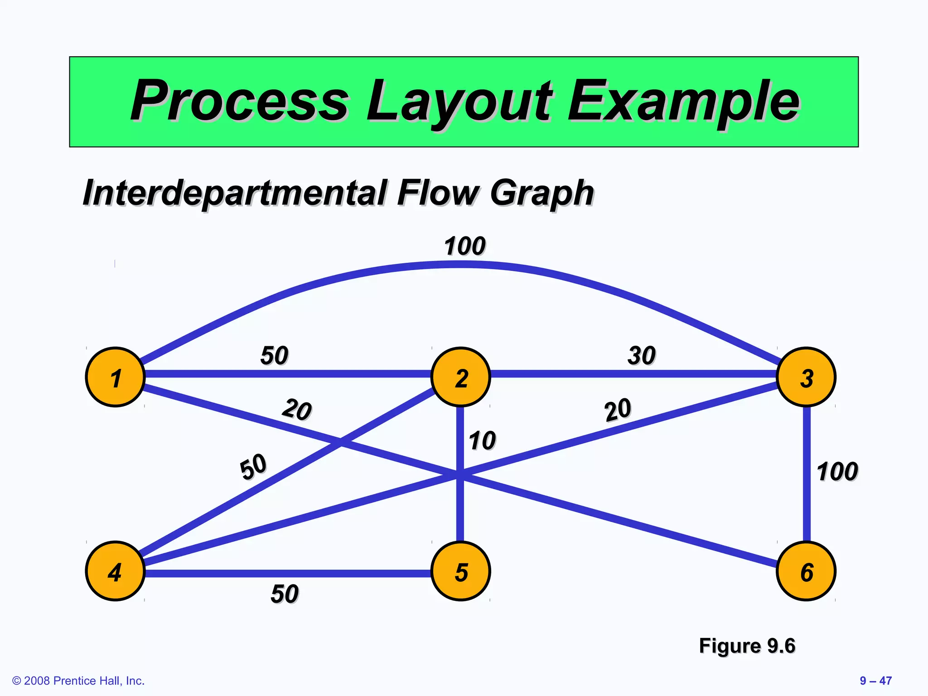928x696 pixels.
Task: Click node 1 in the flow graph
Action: pyautogui.click(x=115, y=377)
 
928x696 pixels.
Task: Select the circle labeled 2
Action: pyautogui.click(x=461, y=377)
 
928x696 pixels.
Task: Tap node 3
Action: pyautogui.click(x=806, y=377)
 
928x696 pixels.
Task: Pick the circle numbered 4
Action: pyautogui.click(x=115, y=571)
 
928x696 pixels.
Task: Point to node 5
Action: pyautogui.click(x=461, y=571)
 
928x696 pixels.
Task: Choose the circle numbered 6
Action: pyautogui.click(x=806, y=571)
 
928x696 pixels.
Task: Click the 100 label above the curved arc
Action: pyautogui.click(x=464, y=246)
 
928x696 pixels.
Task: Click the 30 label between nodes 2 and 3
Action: pyautogui.click(x=642, y=355)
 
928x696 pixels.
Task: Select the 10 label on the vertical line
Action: pyautogui.click(x=482, y=440)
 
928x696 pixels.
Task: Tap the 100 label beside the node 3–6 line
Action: pyautogui.click(x=837, y=471)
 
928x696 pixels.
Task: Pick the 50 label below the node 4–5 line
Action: pyautogui.click(x=285, y=594)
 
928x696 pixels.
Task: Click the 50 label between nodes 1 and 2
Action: pyautogui.click(x=274, y=355)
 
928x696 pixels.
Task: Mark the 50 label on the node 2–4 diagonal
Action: pyautogui.click(x=253, y=467)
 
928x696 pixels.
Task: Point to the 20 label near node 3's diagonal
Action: pyautogui.click(x=617, y=410)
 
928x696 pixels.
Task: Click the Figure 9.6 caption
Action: pyautogui.click(x=747, y=645)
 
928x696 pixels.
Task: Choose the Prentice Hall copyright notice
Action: pyautogui.click(x=78, y=681)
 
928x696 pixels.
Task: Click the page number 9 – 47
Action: pyautogui.click(x=875, y=681)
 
